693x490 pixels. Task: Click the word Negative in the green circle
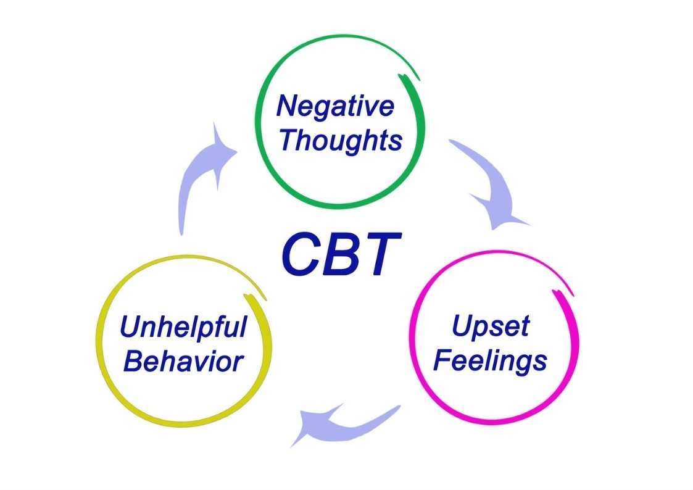pyautogui.click(x=335, y=106)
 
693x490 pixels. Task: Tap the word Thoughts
pyautogui.click(x=340, y=140)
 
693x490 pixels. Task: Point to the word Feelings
pyautogui.click(x=490, y=360)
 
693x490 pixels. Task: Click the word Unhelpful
pyautogui.click(x=183, y=327)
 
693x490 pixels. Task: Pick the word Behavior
pyautogui.click(x=183, y=361)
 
